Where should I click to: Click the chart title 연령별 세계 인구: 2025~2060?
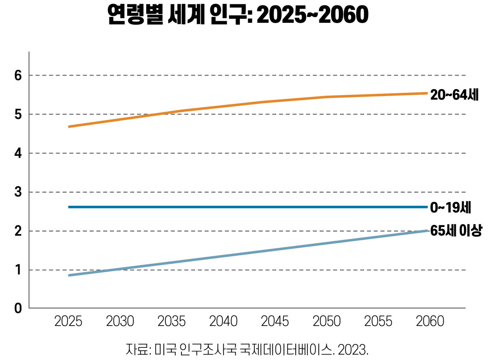pos(238,14)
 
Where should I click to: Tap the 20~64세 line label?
pos(454,94)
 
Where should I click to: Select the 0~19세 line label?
pos(451,208)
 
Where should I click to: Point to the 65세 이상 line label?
pos(456,230)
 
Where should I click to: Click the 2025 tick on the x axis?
pos(68,321)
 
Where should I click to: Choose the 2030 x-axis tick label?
pos(120,321)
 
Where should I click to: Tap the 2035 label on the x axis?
pos(171,321)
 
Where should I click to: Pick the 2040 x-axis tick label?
pos(223,321)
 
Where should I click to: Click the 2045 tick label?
pos(275,321)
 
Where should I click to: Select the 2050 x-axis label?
pos(327,321)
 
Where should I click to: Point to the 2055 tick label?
pos(378,321)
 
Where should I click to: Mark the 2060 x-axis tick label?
pos(430,321)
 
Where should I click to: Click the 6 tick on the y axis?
pos(18,75)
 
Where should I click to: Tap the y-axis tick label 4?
pos(18,153)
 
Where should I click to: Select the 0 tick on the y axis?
pos(18,308)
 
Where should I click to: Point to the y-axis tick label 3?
pos(18,192)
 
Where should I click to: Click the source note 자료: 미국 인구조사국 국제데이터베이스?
pos(229,350)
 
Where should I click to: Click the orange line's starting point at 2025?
pos(69,127)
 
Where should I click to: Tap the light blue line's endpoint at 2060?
pos(427,231)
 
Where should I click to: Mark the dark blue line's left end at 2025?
pos(69,207)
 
